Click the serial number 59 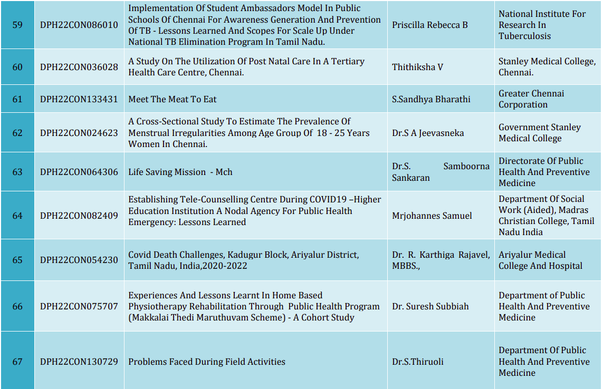pos(17,25)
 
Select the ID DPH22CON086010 pos(79,25)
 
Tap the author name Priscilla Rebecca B pos(430,25)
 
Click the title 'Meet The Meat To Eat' pos(173,99)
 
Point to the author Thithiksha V pos(417,67)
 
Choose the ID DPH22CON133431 pos(79,99)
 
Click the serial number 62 pos(17,133)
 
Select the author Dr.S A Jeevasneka pos(428,133)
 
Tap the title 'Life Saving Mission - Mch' pos(180,172)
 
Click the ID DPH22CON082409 pos(79,216)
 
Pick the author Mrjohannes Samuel pos(432,216)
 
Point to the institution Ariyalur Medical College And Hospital pos(541,260)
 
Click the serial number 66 pos(17,306)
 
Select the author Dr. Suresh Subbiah pos(430,306)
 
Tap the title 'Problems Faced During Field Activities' pos(207,362)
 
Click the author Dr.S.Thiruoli pos(418,362)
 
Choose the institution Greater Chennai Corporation pos(531,99)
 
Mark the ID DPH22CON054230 pos(79,260)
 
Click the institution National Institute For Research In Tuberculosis pos(542,25)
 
